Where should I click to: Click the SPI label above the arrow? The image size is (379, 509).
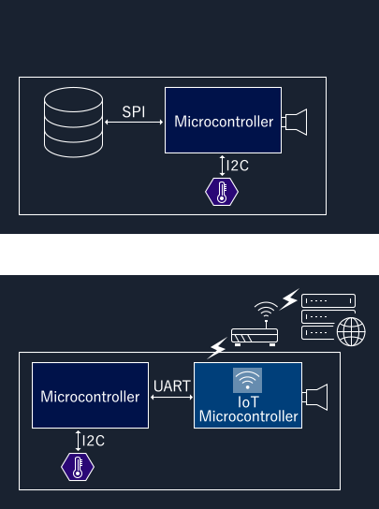[134, 112]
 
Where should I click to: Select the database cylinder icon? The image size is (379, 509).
[73, 122]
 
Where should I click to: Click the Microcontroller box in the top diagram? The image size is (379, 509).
[223, 120]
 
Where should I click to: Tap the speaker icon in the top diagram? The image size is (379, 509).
[294, 122]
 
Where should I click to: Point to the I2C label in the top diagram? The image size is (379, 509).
[238, 166]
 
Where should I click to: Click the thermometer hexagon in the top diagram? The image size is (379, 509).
[222, 192]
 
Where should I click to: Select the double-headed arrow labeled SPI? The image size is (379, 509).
[134, 122]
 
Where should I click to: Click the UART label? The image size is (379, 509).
[172, 386]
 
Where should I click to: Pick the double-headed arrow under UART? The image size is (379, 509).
[172, 397]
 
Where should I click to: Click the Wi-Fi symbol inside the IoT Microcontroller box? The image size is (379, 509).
[247, 380]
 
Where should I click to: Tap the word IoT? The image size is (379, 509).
[248, 402]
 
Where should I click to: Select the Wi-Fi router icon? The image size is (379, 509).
[255, 324]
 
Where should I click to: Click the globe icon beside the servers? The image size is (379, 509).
[351, 332]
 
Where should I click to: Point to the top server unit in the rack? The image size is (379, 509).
[328, 300]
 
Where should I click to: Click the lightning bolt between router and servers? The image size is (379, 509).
[289, 299]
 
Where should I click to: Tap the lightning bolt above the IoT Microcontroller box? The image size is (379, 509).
[217, 348]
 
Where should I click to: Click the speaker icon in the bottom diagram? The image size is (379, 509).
[314, 397]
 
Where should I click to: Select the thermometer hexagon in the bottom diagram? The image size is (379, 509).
[78, 467]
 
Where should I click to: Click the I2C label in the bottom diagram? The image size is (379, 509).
[94, 441]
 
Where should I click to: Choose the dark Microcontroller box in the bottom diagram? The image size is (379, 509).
[90, 396]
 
